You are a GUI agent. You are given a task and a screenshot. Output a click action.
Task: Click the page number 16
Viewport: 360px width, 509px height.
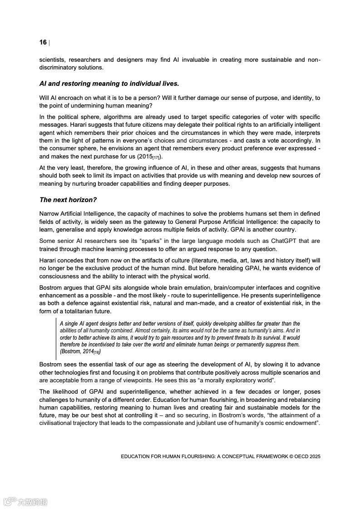click(43, 43)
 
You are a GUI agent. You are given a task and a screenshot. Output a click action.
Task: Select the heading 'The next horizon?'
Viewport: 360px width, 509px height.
click(68, 200)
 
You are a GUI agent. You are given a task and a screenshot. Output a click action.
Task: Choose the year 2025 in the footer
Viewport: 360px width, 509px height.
click(313, 456)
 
